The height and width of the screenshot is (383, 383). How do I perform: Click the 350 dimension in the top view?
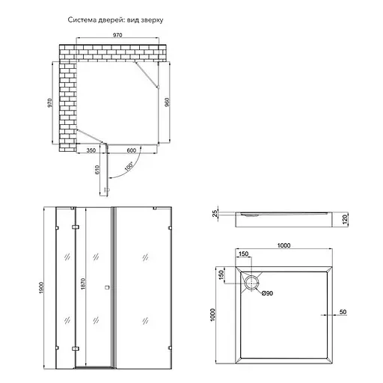click(91, 150)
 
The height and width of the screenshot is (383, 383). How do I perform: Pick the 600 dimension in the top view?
click(132, 150)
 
